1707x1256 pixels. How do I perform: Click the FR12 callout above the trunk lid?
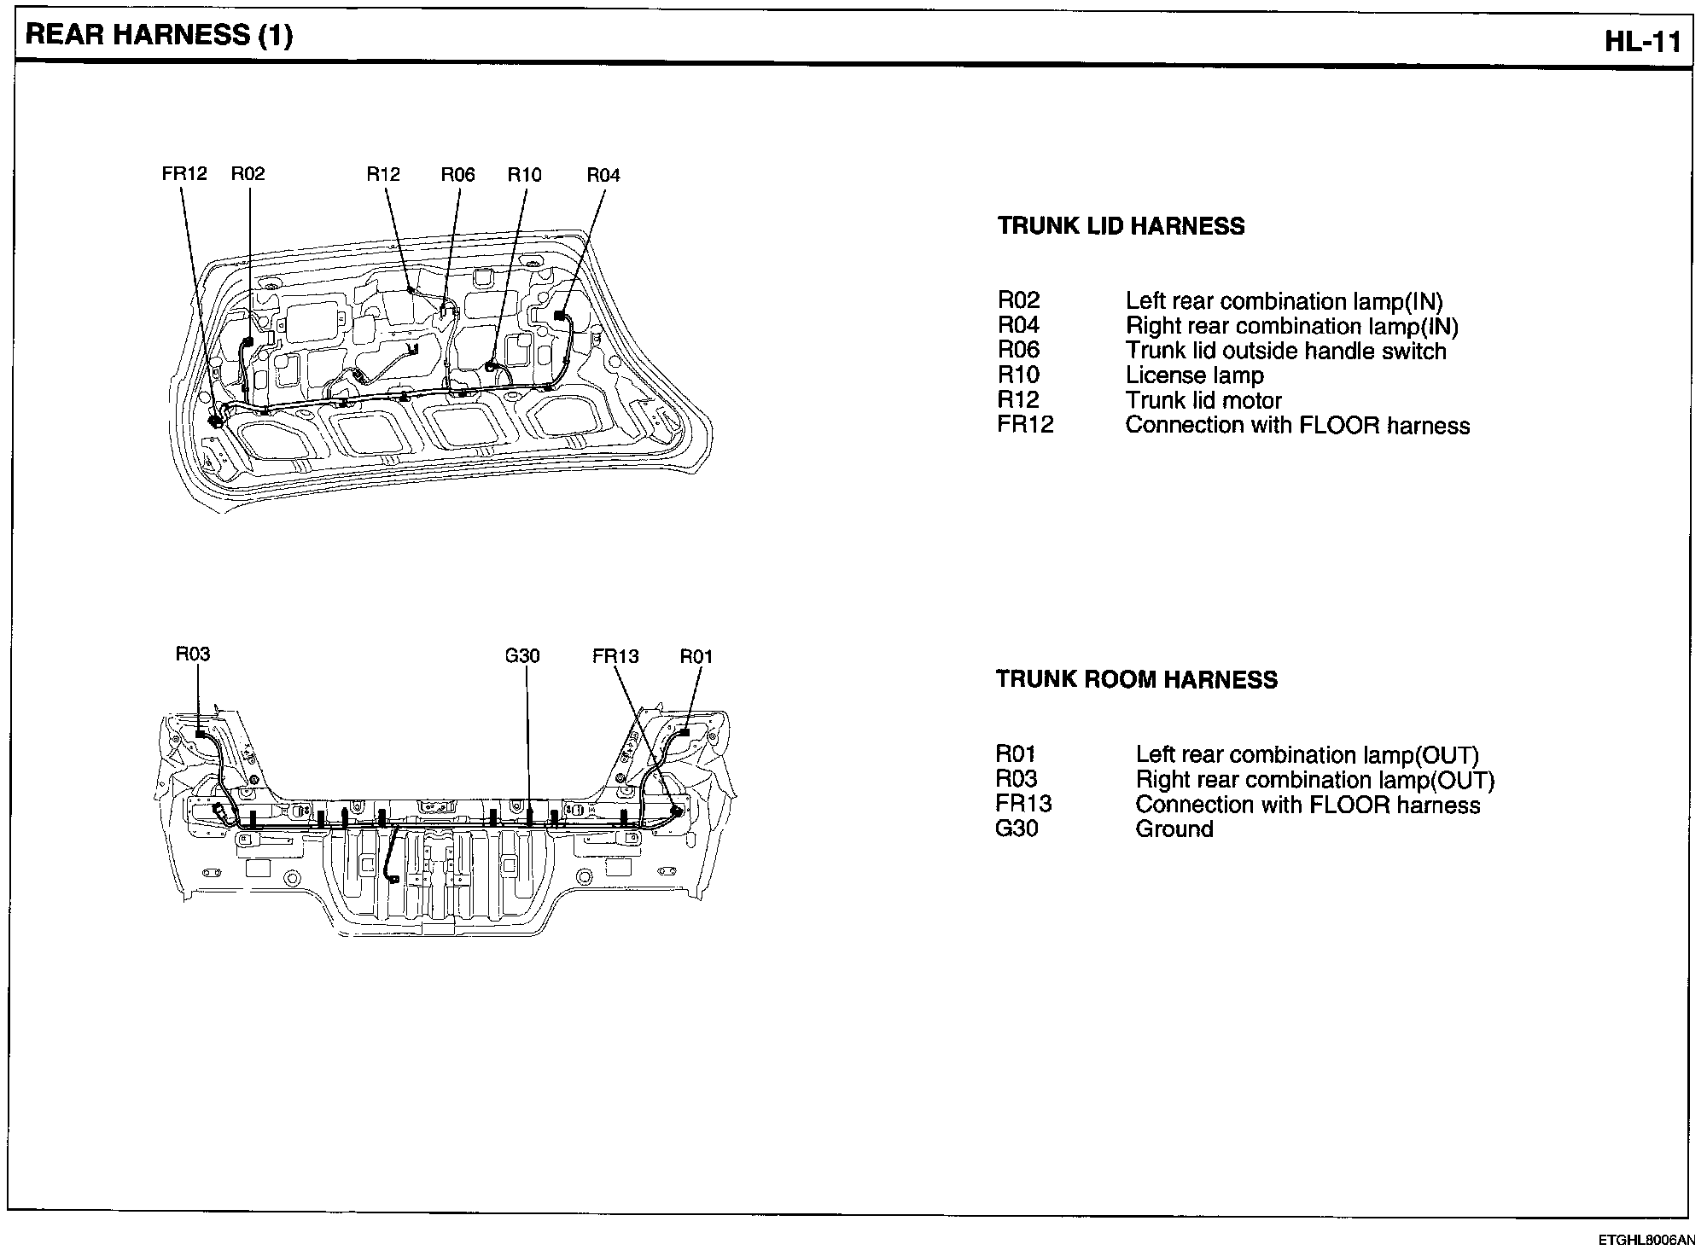[184, 174]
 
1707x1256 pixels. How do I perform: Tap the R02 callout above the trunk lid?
[248, 174]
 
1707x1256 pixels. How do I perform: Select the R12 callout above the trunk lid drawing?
[383, 174]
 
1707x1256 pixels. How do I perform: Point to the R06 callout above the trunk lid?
[457, 175]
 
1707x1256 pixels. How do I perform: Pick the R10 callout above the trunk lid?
[524, 175]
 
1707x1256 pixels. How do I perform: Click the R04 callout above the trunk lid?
[603, 176]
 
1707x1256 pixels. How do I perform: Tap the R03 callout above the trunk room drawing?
[193, 654]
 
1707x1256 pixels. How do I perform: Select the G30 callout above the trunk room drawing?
[522, 656]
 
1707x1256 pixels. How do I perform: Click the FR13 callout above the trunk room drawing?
[615, 656]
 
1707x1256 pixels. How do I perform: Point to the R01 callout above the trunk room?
[696, 656]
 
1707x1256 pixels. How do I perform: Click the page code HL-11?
[1642, 42]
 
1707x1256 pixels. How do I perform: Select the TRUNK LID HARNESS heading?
[1121, 227]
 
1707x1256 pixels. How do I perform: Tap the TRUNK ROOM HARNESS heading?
[1137, 680]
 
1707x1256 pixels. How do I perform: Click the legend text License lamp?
[1194, 375]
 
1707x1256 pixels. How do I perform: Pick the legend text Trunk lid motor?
[1203, 400]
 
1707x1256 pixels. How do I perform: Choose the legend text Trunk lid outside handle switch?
[1285, 351]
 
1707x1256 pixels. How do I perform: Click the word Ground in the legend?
[1174, 829]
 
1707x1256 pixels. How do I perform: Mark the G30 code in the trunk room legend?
[1017, 829]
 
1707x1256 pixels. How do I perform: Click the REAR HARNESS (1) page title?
[159, 36]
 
